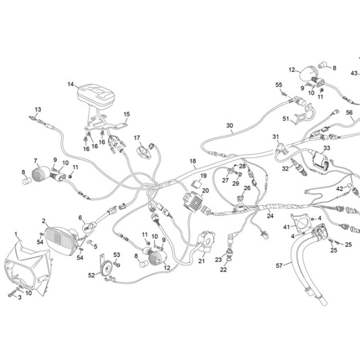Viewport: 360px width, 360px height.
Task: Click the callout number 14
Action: [x=70, y=84]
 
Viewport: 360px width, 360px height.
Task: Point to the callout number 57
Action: [x=279, y=266]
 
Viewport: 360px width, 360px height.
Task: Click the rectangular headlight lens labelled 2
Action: [x=60, y=242]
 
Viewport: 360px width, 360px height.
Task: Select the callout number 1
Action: [x=16, y=234]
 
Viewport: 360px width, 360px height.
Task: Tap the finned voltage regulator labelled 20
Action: [x=193, y=202]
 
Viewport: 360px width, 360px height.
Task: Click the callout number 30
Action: [x=230, y=126]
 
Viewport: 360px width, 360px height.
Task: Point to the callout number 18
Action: [x=193, y=161]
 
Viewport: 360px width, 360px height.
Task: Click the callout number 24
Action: [x=270, y=216]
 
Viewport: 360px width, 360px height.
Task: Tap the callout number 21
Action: [x=201, y=261]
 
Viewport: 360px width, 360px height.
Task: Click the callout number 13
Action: [x=38, y=110]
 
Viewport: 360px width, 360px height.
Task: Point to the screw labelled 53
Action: [x=117, y=264]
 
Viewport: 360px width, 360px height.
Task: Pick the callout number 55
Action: [x=279, y=85]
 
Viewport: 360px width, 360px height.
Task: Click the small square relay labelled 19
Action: [x=197, y=183]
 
